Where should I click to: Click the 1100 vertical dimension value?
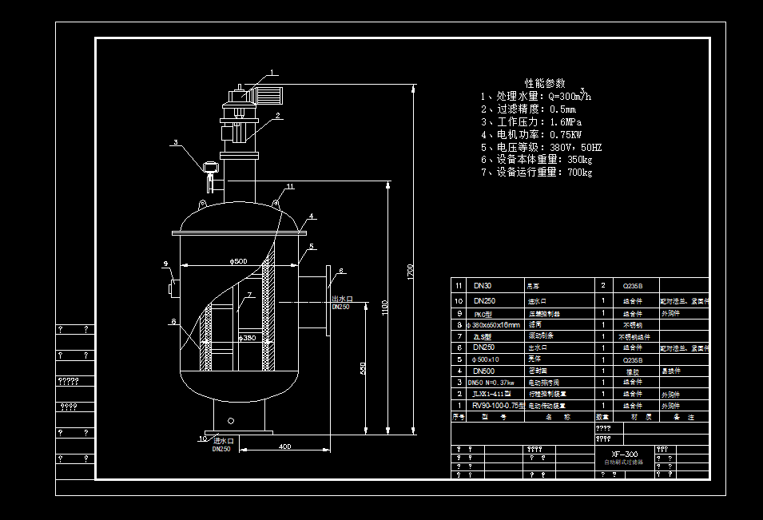383,308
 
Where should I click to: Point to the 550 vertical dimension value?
362,369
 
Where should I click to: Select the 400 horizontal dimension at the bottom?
284,447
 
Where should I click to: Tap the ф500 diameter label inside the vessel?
238,261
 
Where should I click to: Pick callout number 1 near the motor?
272,73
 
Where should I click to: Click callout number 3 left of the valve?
174,143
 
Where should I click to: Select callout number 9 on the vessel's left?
165,264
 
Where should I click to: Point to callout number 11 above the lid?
290,186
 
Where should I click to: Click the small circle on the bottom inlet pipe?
231,420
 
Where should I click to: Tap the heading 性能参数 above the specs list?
545,83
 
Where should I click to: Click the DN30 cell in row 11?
483,285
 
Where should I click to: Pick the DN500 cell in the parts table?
484,371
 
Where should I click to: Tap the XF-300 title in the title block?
620,454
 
